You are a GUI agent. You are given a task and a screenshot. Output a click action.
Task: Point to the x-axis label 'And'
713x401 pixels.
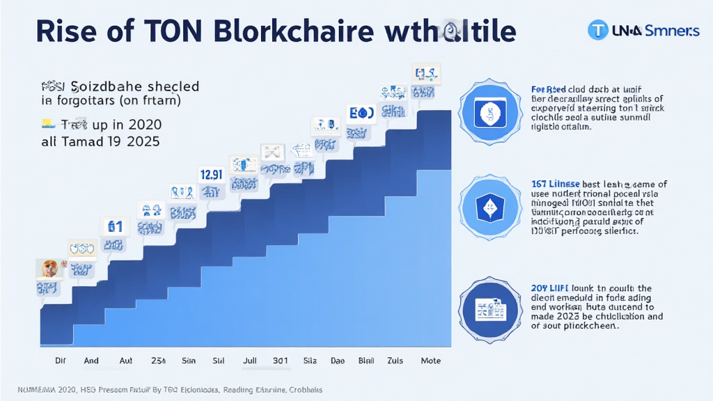[x=91, y=361]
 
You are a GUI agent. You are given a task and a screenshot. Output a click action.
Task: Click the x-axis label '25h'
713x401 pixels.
[x=157, y=361]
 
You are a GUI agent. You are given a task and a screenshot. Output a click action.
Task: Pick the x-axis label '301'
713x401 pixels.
[x=281, y=361]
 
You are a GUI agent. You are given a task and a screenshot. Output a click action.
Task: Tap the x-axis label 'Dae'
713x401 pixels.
[x=337, y=361]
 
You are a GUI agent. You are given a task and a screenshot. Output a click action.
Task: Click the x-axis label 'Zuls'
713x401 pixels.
[x=395, y=361]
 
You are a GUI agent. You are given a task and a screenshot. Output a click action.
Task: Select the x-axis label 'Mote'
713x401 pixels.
[x=430, y=361]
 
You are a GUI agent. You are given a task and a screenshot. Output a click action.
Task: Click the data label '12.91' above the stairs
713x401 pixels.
[x=210, y=175]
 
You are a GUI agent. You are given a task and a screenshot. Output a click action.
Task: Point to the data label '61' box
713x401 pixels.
[x=113, y=226]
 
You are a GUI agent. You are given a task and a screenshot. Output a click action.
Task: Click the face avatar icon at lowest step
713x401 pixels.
[x=48, y=269]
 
